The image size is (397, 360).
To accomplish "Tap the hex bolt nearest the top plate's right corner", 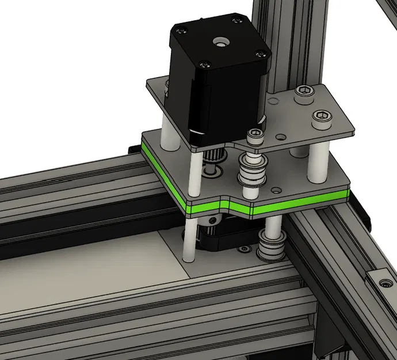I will coord(322,119).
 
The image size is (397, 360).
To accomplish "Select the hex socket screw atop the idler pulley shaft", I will coord(254,135).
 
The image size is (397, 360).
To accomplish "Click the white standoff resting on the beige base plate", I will coord(188,242).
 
